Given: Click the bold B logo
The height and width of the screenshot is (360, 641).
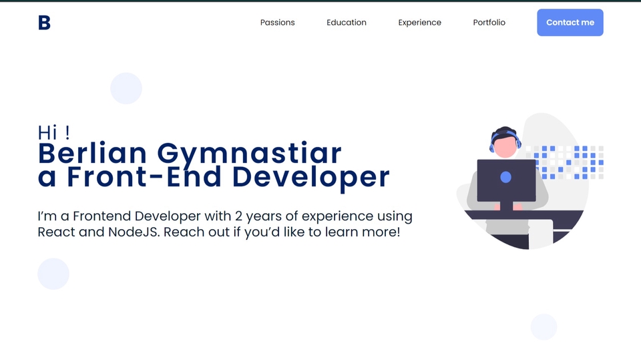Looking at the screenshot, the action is (x=44, y=23).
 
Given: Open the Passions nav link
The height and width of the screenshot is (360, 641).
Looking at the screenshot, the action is (x=277, y=23).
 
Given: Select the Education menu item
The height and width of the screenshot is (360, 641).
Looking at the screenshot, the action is (x=347, y=23).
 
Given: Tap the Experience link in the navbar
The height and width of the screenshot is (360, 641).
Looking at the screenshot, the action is (x=419, y=23).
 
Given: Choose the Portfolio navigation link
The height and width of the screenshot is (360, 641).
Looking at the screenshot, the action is (x=489, y=23).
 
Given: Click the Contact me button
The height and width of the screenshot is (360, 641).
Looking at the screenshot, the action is (x=570, y=23).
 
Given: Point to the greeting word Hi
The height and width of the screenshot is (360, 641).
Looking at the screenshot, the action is (x=47, y=132).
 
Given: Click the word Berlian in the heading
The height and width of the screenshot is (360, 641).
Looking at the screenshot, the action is (x=92, y=154).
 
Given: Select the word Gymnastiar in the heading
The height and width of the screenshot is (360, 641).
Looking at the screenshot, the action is (x=249, y=155).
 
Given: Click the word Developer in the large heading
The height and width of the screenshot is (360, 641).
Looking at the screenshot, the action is (x=310, y=178).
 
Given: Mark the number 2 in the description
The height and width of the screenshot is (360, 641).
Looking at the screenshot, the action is (x=238, y=216).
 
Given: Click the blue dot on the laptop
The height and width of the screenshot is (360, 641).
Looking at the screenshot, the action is (x=505, y=177).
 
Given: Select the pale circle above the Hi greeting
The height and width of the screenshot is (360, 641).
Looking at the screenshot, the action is (x=126, y=88).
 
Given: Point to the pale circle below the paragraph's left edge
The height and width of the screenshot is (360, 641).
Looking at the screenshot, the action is (x=53, y=274).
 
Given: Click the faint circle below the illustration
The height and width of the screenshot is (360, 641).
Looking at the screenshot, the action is (x=544, y=327).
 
